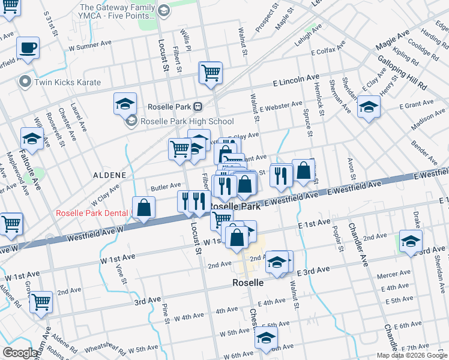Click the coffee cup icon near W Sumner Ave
pos(28,47)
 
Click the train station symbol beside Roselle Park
pos(197,107)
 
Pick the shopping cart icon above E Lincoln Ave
pos(211,73)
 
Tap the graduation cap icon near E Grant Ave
pos(369,107)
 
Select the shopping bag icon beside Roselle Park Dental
pos(143,208)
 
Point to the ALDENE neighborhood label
pos(109,175)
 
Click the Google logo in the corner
pos(20,353)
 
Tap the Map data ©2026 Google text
pos(412,355)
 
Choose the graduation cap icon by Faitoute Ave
pos(32,139)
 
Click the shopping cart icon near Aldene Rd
pos(41,302)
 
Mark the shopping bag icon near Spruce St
pos(304,170)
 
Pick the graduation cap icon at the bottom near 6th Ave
pos(266,338)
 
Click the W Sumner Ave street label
pos(91,45)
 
